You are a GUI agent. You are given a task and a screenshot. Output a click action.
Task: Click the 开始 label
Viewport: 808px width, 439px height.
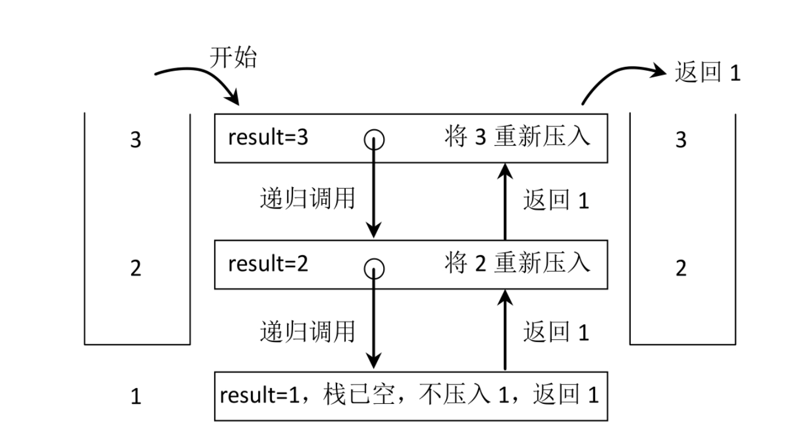(233, 58)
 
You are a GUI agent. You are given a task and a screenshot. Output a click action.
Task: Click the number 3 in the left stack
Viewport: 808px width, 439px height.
(136, 140)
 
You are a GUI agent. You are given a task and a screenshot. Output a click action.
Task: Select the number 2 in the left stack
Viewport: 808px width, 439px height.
(136, 269)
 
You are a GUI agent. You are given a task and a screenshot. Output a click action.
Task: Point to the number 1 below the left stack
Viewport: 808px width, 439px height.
(136, 397)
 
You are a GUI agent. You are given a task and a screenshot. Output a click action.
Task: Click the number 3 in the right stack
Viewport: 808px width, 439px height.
(681, 140)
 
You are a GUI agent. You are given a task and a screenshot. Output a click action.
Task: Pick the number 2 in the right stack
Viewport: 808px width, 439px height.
(681, 269)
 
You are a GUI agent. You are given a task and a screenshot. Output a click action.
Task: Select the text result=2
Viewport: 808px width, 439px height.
(268, 264)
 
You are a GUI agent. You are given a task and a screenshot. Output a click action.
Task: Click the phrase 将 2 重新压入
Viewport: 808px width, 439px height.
(517, 264)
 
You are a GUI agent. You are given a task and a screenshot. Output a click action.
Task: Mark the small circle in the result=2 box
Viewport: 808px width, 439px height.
(374, 269)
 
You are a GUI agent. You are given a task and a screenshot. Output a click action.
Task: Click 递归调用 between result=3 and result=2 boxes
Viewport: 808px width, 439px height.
(307, 199)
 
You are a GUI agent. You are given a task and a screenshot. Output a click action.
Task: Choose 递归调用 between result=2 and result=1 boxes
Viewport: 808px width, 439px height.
(307, 331)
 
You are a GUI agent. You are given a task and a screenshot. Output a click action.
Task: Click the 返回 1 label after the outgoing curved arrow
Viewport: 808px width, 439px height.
(707, 73)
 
